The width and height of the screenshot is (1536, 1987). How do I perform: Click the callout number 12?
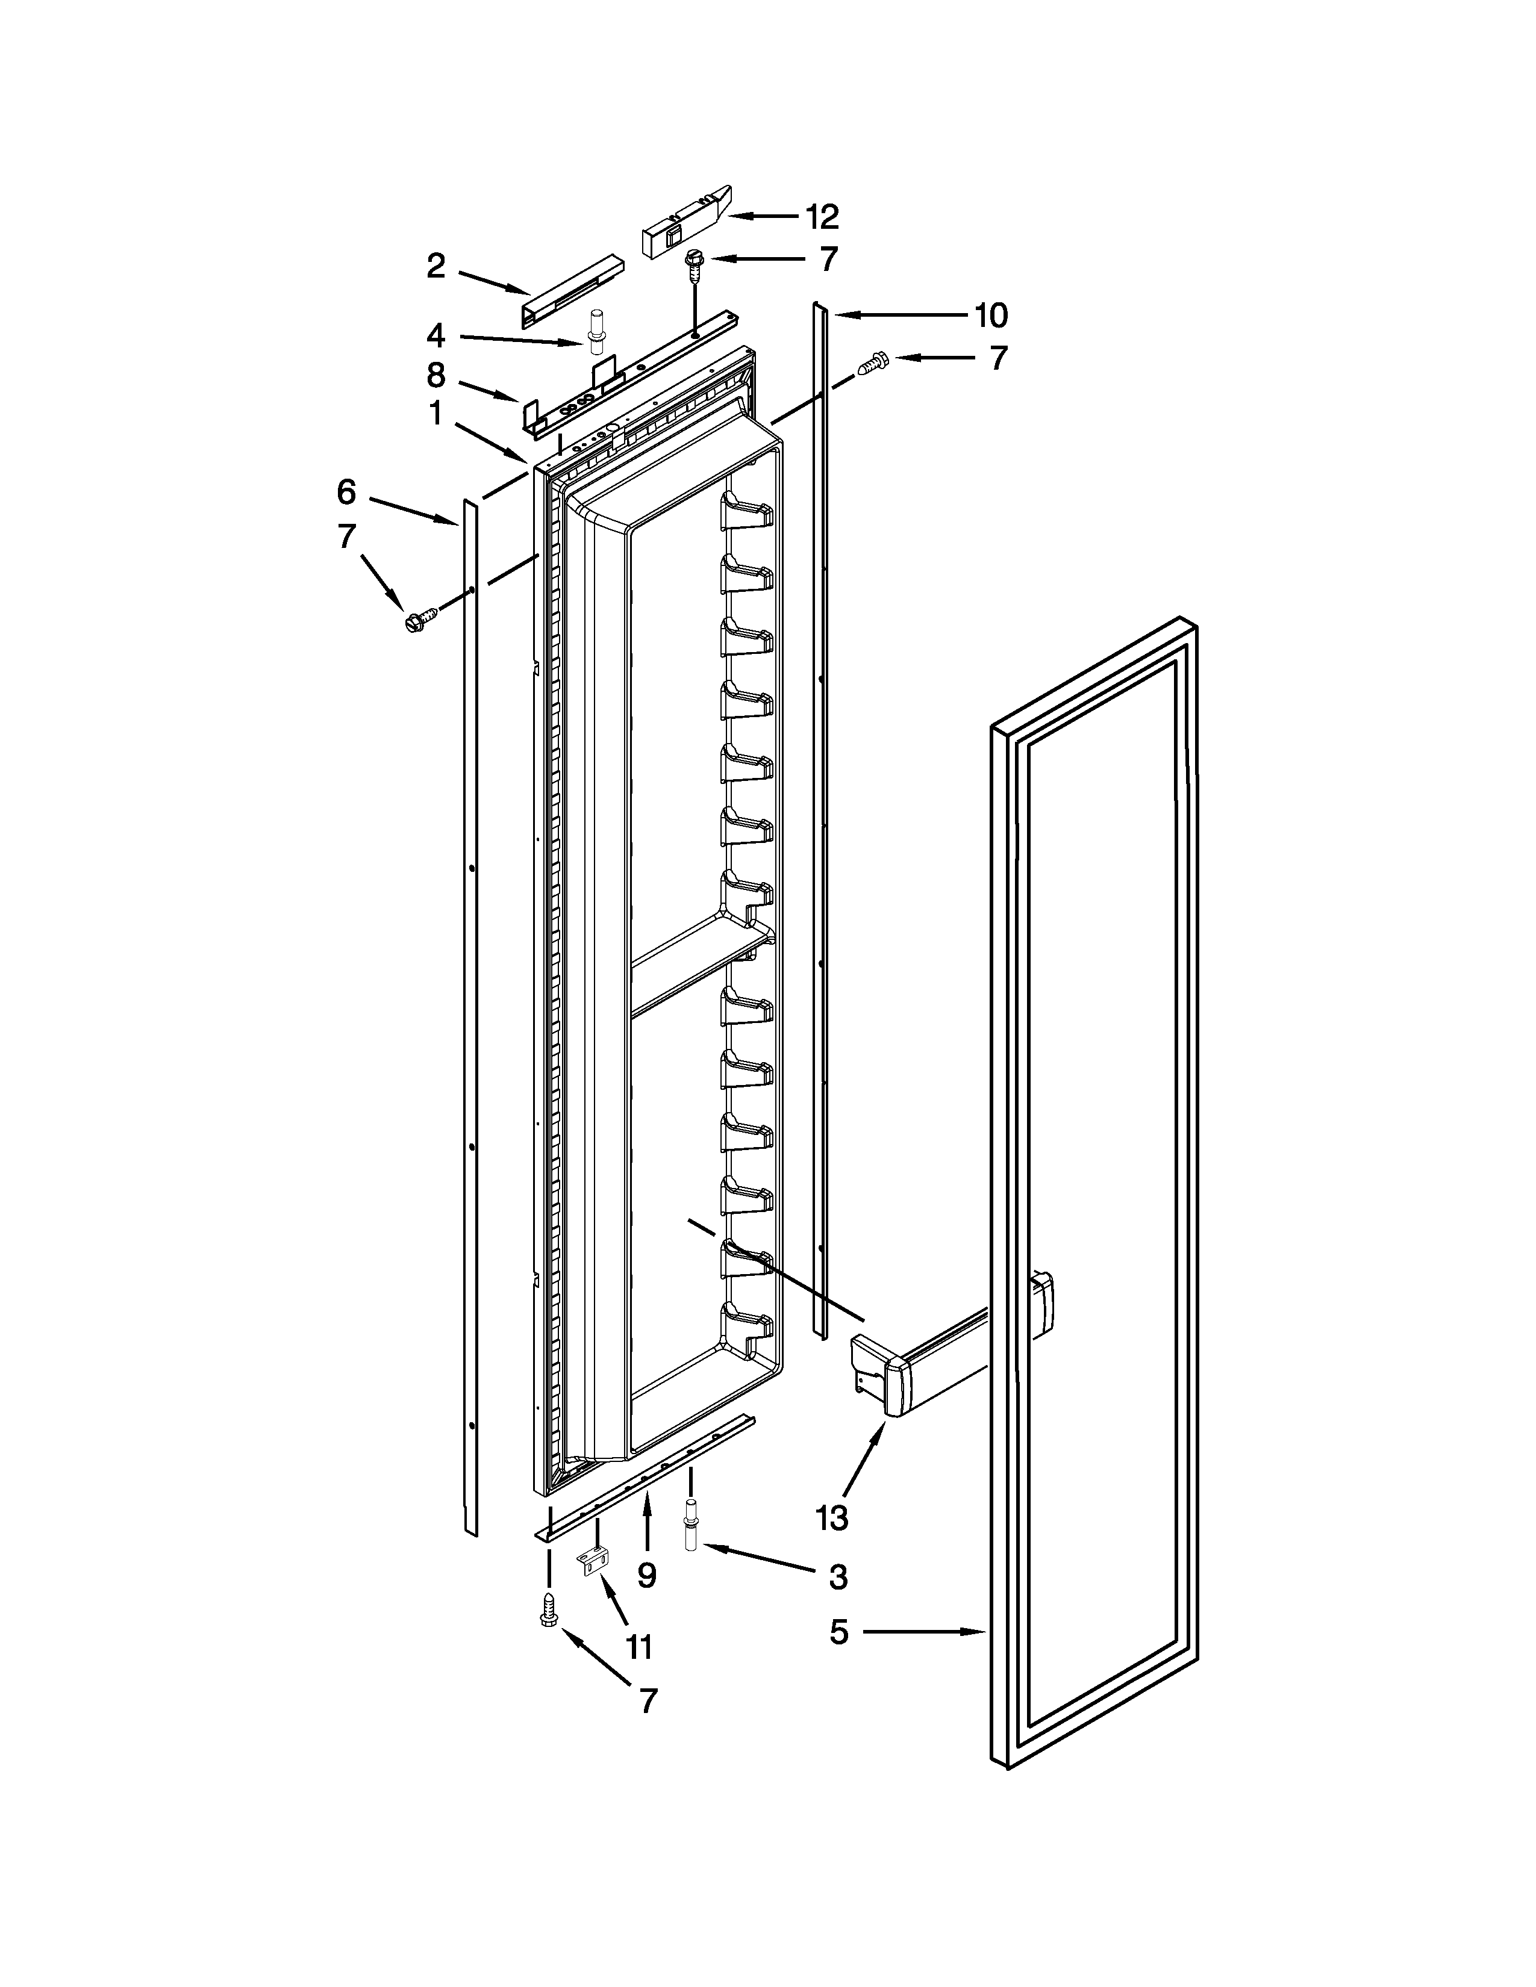[822, 217]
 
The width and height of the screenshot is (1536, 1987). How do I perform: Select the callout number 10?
[990, 315]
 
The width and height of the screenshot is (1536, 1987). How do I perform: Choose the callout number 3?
[838, 1577]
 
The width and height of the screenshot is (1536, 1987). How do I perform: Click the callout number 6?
[346, 492]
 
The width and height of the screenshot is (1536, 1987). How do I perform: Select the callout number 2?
[437, 266]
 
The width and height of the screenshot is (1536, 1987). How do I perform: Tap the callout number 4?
[436, 336]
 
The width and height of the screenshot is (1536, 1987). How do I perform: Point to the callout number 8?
[436, 375]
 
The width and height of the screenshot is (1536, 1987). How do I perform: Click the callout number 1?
[436, 414]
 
